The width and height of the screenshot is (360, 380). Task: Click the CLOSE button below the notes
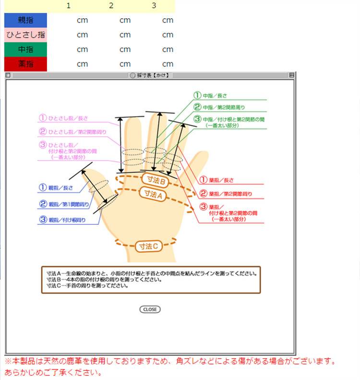click(x=150, y=309)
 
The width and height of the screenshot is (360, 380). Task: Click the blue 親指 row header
click(x=25, y=20)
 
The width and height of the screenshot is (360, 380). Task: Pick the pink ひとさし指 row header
click(x=25, y=35)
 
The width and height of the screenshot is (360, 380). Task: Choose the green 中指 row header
click(x=25, y=49)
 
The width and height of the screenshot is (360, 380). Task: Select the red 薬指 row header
click(x=25, y=63)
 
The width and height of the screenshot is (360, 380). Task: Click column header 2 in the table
click(x=111, y=6)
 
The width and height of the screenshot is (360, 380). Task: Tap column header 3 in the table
click(x=154, y=6)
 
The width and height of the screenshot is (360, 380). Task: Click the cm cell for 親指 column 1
click(x=82, y=21)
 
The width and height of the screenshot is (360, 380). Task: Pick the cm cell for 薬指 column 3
click(x=168, y=64)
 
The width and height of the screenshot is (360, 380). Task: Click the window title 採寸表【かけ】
click(x=149, y=75)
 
